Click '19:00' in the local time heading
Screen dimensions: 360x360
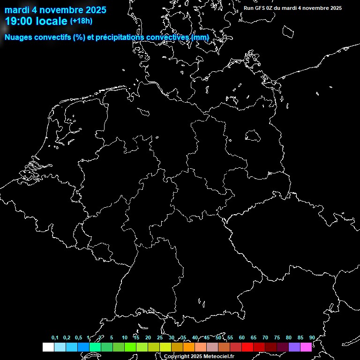(x=18, y=21)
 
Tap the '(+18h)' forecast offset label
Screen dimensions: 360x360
(x=81, y=21)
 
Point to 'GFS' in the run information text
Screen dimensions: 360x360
(x=261, y=8)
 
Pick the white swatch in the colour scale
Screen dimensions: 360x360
(x=48, y=347)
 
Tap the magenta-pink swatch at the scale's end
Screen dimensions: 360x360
(x=306, y=347)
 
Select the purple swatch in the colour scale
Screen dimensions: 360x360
(x=294, y=347)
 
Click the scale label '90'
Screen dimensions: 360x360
(x=312, y=337)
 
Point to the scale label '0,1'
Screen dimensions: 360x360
(x=55, y=337)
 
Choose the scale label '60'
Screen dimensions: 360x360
(x=242, y=337)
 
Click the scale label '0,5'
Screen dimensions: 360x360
(x=78, y=337)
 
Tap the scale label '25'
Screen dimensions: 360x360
(x=160, y=337)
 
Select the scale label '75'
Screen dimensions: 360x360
(x=277, y=337)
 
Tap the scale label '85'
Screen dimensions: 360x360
(x=300, y=337)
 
